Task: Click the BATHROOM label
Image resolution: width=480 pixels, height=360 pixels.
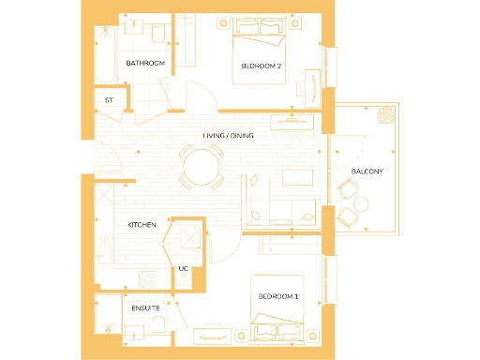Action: click(x=145, y=63)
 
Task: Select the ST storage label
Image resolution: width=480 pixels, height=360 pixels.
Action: click(x=109, y=99)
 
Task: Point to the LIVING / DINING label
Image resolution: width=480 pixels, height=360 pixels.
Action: click(x=229, y=136)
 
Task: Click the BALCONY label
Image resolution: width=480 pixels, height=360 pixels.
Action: click(x=367, y=172)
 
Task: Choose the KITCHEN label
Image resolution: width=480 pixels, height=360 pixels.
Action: click(x=142, y=226)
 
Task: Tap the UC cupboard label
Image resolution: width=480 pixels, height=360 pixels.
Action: click(x=183, y=269)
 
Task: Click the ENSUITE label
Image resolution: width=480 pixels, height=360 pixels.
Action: click(x=144, y=307)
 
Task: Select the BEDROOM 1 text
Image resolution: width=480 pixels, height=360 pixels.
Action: click(x=278, y=296)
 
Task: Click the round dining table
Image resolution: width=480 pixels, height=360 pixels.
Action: click(x=202, y=170)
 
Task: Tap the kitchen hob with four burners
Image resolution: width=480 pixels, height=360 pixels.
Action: click(x=147, y=277)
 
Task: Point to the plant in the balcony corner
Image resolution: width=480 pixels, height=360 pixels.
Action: click(x=385, y=117)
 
